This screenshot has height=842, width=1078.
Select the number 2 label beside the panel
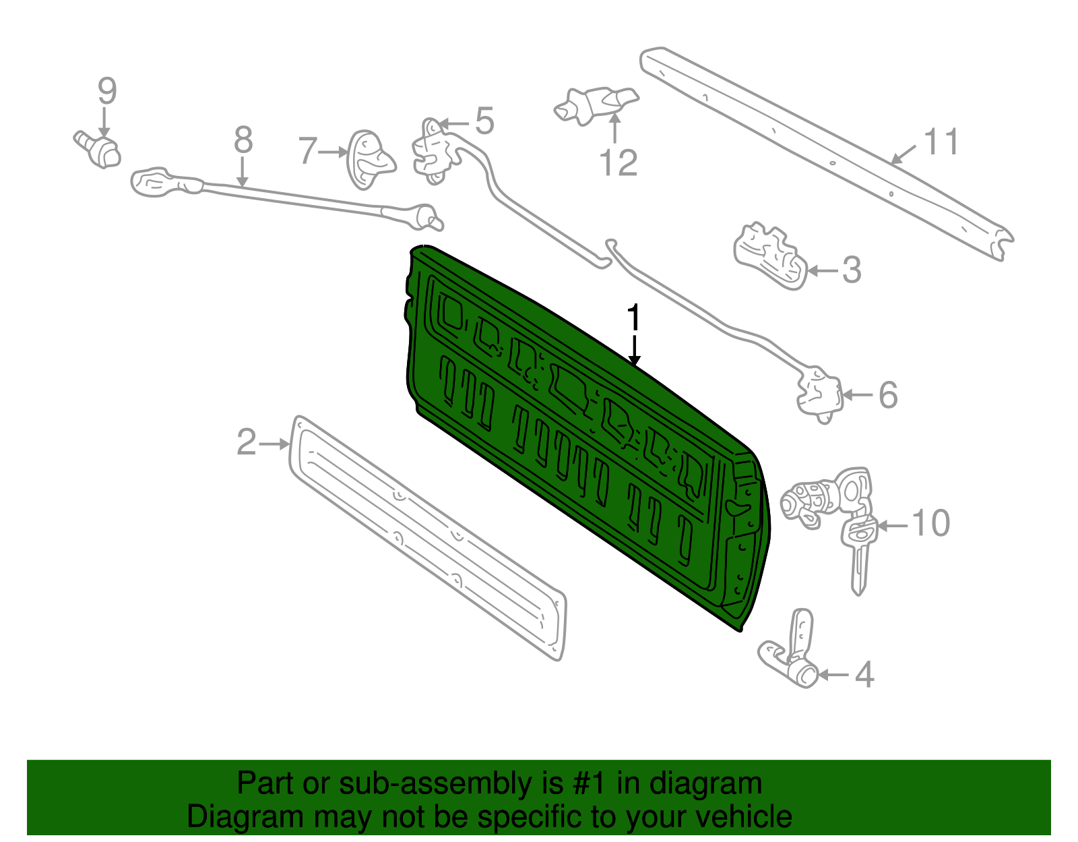click(247, 443)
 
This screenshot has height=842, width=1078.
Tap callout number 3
click(852, 270)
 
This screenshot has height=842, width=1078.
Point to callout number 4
click(864, 675)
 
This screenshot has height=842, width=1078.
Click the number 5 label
click(484, 121)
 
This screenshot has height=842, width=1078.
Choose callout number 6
click(888, 395)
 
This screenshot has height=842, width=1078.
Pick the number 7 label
click(307, 151)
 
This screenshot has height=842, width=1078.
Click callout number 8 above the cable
click(243, 141)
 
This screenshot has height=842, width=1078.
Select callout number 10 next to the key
click(930, 523)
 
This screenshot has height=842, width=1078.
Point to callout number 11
click(941, 142)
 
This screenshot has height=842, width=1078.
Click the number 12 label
click(618, 164)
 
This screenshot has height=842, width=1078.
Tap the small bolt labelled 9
click(98, 149)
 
